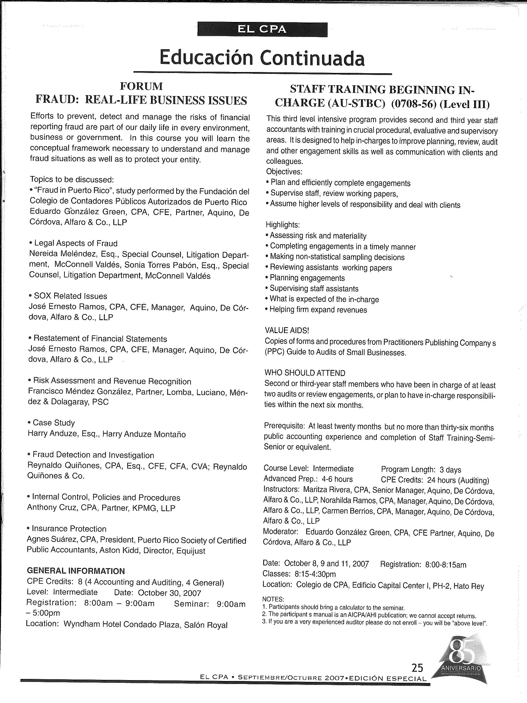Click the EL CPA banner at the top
click(x=262, y=30)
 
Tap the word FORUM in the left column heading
click(x=141, y=86)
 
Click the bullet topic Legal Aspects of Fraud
click(x=76, y=243)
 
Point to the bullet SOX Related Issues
click(x=70, y=296)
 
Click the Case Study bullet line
click(x=54, y=423)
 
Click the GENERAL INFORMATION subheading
click(x=76, y=571)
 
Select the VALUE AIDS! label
click(x=287, y=330)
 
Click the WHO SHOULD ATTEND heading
click(x=305, y=373)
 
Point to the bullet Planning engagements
click(x=307, y=278)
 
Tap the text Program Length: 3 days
click(x=421, y=470)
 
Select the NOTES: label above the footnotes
click(x=273, y=599)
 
